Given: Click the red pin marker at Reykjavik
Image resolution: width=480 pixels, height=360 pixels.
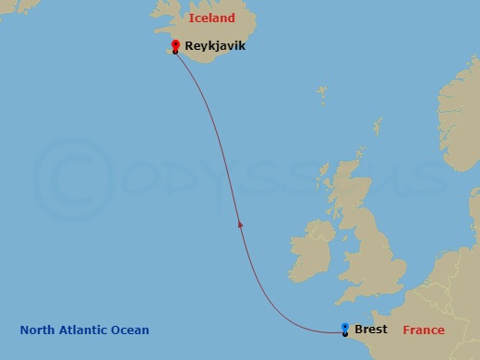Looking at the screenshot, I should click(175, 46).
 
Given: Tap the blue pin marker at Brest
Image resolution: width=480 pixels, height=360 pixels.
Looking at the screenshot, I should click(345, 329).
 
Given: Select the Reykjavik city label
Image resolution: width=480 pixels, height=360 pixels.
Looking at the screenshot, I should click(215, 44).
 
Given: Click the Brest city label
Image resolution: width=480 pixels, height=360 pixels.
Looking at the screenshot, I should click(371, 330).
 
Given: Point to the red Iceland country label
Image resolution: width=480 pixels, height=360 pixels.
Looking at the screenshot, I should click(211, 18).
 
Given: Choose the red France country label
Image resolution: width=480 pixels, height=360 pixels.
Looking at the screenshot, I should click(424, 330).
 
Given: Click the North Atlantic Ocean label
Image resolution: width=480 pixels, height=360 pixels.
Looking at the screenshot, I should click(84, 330).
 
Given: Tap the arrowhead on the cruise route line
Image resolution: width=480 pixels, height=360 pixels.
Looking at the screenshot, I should click(240, 222).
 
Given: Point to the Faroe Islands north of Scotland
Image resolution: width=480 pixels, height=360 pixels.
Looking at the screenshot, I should click(322, 95).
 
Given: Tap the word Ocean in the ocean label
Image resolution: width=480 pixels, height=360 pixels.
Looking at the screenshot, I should click(130, 330).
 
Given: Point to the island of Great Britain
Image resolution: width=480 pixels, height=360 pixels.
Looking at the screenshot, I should click(369, 240).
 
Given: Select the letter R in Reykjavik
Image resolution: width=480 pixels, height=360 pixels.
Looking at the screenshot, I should click(189, 44).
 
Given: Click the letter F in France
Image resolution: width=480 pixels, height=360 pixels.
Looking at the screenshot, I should click(406, 330).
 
